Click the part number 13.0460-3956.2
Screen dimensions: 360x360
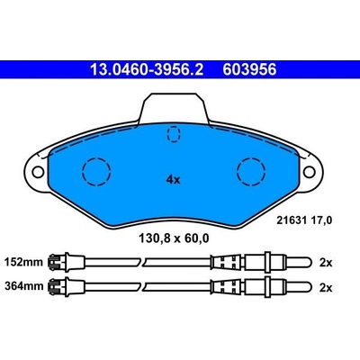click(147, 69)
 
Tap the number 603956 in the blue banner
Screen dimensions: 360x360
click(249, 69)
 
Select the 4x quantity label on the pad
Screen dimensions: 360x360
click(173, 180)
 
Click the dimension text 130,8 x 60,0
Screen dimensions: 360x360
click(174, 238)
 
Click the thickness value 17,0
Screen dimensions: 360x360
click(321, 220)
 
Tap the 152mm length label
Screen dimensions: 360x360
click(23, 263)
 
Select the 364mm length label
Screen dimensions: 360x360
click(23, 286)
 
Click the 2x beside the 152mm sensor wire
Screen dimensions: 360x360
click(326, 263)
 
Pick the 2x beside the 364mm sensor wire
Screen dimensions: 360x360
click(326, 288)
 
